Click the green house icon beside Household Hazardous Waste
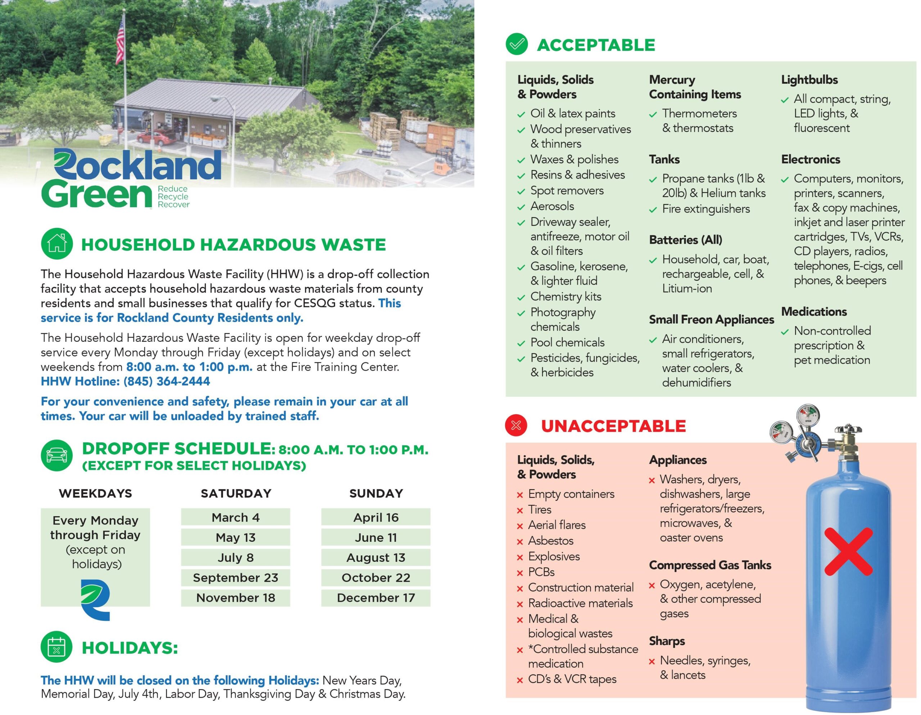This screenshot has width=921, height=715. pos(57,243)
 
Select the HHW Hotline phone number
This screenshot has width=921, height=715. pos(167,381)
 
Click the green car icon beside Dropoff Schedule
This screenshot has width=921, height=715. pos(57,455)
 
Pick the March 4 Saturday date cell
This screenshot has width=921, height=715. pos(235,517)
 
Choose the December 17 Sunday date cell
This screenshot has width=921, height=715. pos(376,597)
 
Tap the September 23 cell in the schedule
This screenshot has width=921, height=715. pos(235,577)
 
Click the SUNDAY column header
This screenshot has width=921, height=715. pos(376,493)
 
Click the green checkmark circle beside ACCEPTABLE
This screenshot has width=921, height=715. pos(517,44)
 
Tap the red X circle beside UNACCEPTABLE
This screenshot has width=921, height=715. pos(516,425)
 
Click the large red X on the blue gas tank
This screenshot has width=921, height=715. pos(848,551)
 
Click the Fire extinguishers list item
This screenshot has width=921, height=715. pos(706,208)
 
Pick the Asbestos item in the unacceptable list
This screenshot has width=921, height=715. pos(551,541)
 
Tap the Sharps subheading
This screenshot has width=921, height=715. pos(667,641)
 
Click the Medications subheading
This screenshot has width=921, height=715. pos(814,311)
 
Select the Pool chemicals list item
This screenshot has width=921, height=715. pos(567,342)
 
